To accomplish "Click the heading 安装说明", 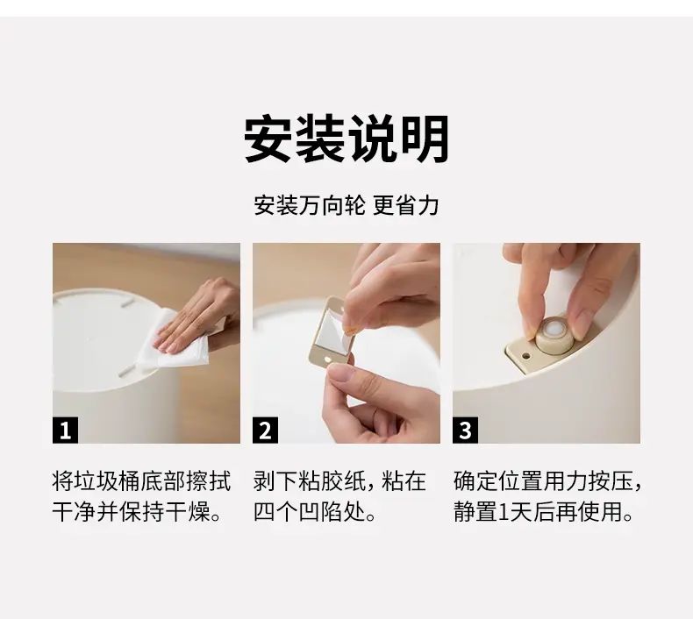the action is (346, 139).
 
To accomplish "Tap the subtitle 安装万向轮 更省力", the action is (346, 205).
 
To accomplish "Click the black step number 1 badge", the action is (66, 430).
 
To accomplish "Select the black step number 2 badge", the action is (265, 430).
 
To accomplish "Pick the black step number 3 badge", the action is (466, 430).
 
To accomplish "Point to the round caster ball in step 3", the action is (554, 330).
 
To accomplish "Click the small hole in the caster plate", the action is (525, 356).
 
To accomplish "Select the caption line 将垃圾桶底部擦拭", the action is (141, 481).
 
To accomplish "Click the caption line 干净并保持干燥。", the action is (137, 512).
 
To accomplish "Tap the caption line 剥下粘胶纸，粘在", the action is (339, 481).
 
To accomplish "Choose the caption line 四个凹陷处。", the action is (315, 512).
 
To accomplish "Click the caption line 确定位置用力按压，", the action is (547, 481).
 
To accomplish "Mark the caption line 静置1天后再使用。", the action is (544, 512).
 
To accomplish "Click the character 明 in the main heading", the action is (425, 139).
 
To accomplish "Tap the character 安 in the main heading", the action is (269, 139).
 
